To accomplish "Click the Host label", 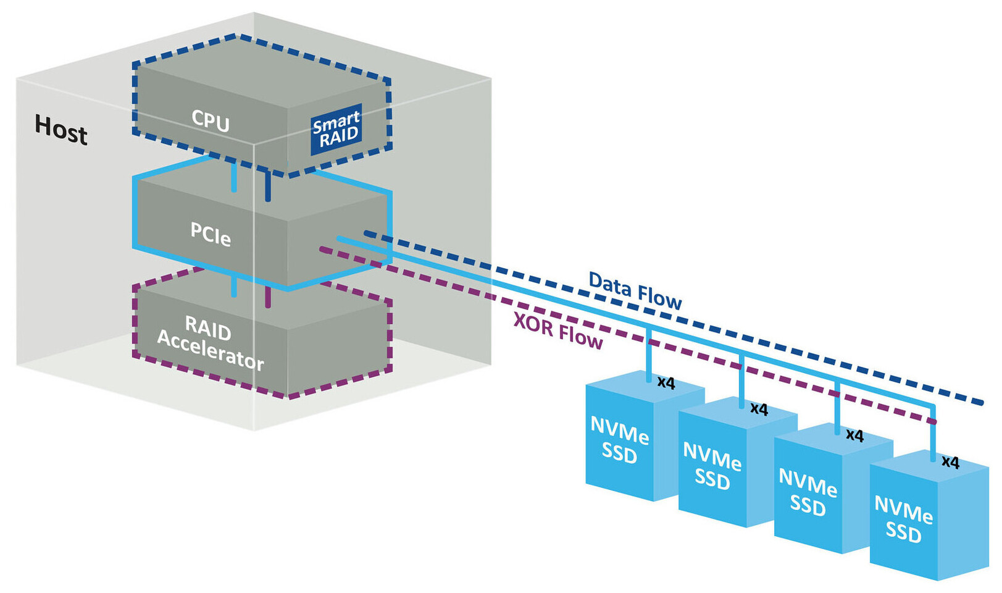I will coord(61,129).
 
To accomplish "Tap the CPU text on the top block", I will coord(211,120).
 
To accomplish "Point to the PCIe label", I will coord(211,233).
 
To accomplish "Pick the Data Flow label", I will coord(635,290).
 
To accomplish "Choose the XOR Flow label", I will coord(558,331).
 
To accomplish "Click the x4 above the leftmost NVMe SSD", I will coord(666,383).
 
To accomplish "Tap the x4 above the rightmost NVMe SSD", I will coord(950,462).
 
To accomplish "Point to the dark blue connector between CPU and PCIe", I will coord(268,185).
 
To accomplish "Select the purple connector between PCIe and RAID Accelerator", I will coord(268,296).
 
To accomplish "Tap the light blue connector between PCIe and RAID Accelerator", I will coord(234,287).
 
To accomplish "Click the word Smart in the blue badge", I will coord(336,122).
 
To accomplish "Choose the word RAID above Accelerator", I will coord(208,327).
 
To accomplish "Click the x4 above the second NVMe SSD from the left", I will coord(759,409).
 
